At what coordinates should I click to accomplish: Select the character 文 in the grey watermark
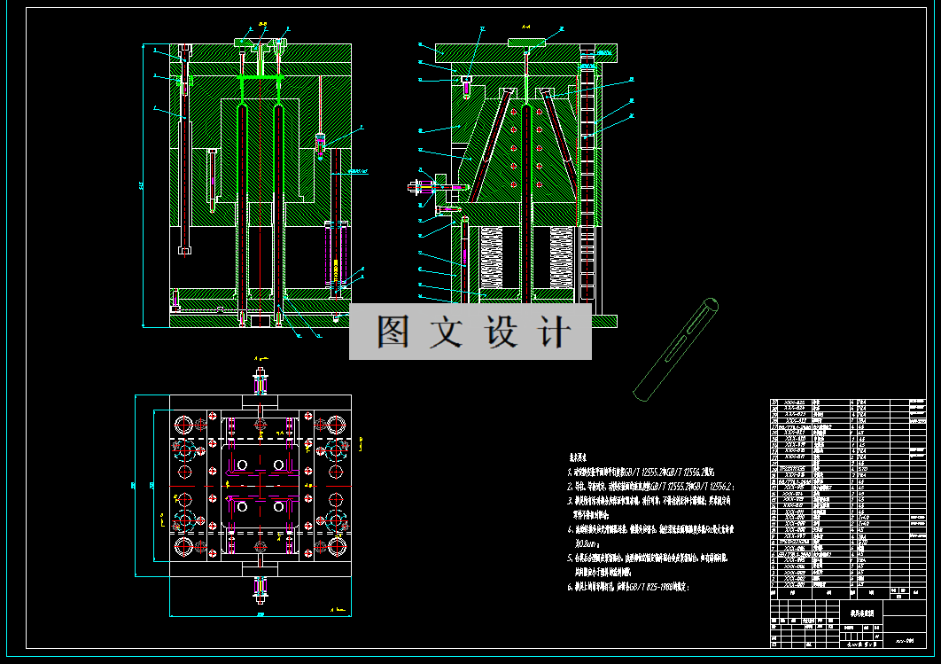tap(446, 332)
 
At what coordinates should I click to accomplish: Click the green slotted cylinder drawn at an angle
tap(676, 348)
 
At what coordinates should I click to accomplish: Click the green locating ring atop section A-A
tap(528, 41)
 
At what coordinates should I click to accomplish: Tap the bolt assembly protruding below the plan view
tap(261, 586)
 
